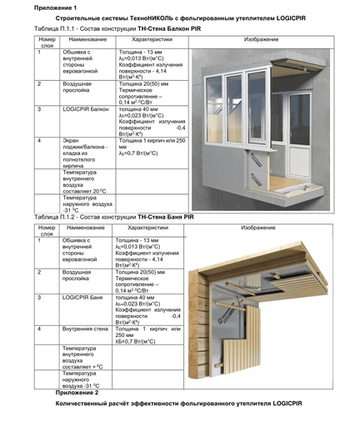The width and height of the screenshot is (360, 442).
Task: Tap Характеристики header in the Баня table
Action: coord(147,228)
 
